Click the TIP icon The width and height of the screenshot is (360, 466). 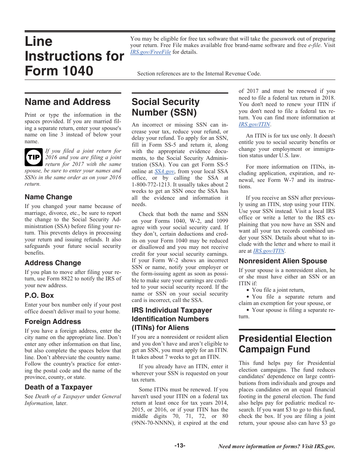(x=33, y=157)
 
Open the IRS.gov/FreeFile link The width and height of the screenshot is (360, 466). (x=150, y=52)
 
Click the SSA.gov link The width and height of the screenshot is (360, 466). (x=164, y=171)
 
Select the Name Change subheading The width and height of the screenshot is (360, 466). (x=48, y=197)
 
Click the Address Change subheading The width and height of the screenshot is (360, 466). (x=53, y=263)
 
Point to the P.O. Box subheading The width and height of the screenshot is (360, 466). (x=39, y=296)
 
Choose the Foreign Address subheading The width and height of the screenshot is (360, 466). (x=53, y=322)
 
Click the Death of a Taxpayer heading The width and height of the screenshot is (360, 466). (x=58, y=387)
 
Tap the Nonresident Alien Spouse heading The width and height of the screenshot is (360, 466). (x=283, y=261)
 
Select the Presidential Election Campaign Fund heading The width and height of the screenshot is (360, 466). (x=285, y=344)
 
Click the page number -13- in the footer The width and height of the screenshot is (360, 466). (x=180, y=446)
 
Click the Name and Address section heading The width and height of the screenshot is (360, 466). (x=67, y=102)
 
